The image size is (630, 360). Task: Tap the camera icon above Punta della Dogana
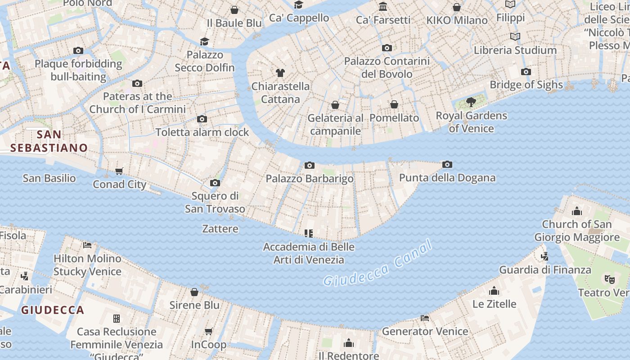click(447, 165)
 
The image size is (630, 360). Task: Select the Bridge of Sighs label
click(526, 85)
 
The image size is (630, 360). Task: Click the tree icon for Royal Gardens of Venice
click(471, 102)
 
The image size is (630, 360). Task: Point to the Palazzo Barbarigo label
click(310, 179)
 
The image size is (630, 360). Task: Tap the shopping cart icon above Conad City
click(119, 171)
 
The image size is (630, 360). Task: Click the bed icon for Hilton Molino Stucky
click(87, 245)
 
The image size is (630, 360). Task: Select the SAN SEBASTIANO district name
click(49, 141)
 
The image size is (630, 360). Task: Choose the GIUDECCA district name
click(53, 310)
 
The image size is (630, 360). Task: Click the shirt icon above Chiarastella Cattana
click(280, 72)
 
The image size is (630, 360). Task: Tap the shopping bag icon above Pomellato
click(394, 104)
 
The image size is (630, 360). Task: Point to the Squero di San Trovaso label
click(215, 202)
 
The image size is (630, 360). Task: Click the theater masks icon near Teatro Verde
click(609, 279)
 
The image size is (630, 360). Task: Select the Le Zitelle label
click(494, 304)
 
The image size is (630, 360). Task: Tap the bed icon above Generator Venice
click(425, 318)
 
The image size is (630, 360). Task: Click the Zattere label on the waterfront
click(220, 229)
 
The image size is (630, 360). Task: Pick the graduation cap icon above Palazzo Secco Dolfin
click(205, 41)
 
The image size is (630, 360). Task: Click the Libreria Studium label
click(515, 50)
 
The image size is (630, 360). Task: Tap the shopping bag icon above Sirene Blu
click(194, 292)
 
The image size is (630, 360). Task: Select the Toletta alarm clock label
click(202, 132)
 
